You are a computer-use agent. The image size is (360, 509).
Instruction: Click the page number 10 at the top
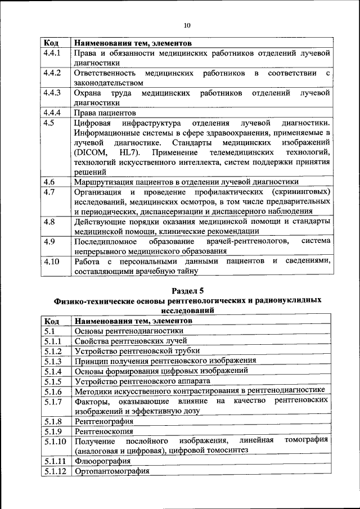(187, 25)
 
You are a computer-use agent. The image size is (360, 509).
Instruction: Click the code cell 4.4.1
(52, 53)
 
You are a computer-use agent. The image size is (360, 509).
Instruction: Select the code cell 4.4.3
(52, 92)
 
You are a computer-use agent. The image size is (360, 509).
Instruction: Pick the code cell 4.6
(48, 182)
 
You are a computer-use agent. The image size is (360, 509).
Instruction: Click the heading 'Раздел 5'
(187, 290)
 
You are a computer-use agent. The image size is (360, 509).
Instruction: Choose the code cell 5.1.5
(52, 380)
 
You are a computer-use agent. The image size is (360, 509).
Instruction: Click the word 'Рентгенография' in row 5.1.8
(103, 421)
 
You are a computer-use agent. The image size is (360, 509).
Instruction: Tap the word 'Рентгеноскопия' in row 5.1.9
(103, 431)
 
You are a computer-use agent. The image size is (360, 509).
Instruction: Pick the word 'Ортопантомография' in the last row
(111, 471)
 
